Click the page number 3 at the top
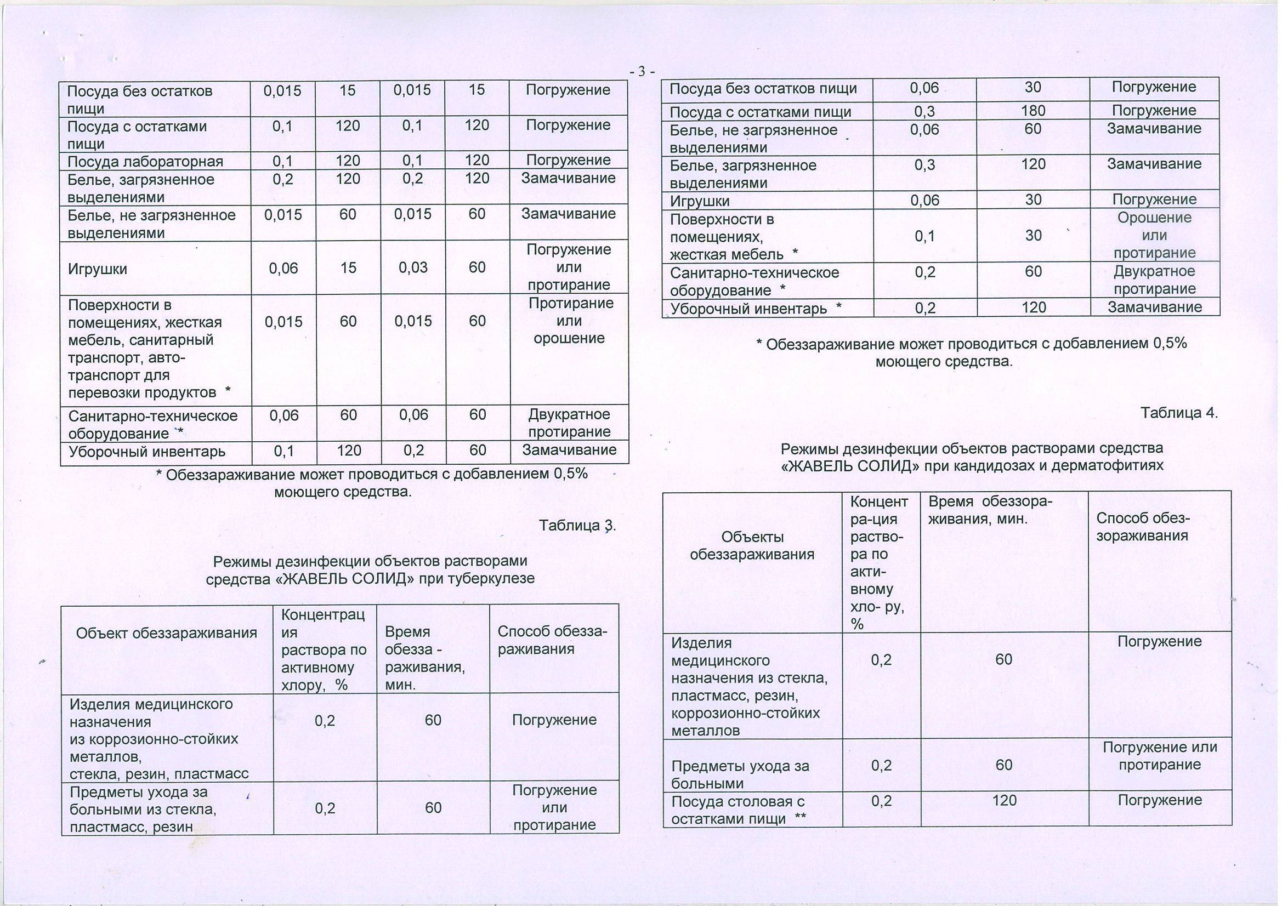pos(642,71)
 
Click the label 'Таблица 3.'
pos(577,525)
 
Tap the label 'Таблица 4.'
pos(1179,413)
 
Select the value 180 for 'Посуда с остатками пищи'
pos(1033,111)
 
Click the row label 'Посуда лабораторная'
pos(145,161)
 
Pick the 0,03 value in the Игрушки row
pos(413,267)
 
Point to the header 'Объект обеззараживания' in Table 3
pos(166,633)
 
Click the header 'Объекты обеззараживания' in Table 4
pos(752,545)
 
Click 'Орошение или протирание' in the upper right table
pos(1154,235)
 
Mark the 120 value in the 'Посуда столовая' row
pos(1004,801)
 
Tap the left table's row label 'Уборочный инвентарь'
pos(147,451)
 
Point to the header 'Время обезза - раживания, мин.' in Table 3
pos(424,658)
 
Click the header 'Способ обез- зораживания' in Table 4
pos(1143,526)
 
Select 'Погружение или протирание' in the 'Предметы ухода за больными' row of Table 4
pos(1159,756)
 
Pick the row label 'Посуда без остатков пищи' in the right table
pos(763,89)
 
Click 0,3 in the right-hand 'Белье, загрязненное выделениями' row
pos(924,164)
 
